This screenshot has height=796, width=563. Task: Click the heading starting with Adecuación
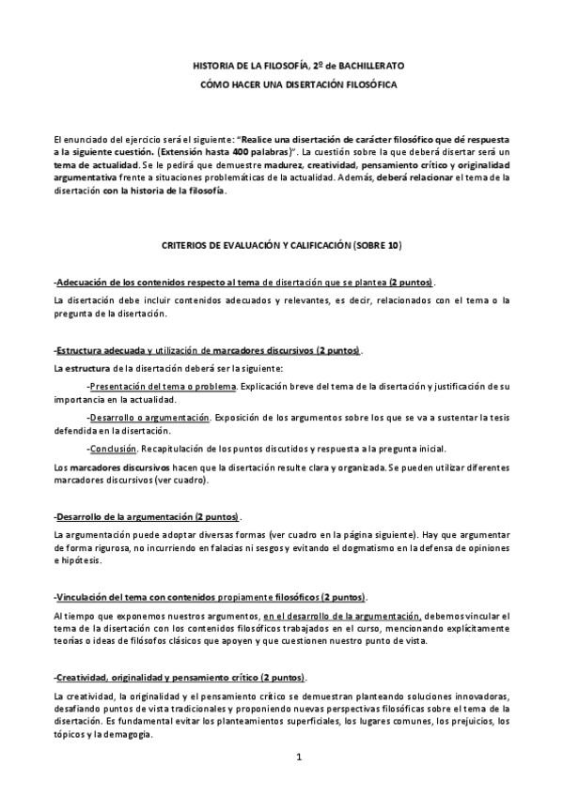[244, 283]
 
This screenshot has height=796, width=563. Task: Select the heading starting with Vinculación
[211, 598]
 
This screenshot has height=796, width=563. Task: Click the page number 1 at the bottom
[298, 757]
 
